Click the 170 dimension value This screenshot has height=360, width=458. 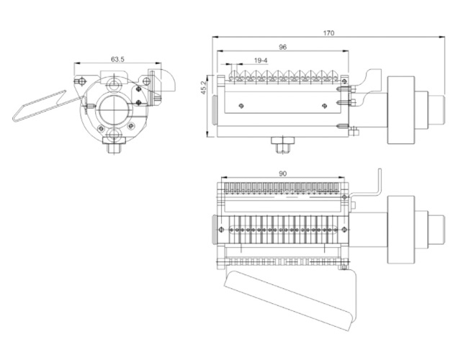[328, 33]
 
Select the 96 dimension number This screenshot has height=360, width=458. [283, 47]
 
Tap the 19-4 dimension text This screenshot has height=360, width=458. [261, 60]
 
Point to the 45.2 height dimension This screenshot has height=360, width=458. [204, 87]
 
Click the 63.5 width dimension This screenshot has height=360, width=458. [117, 59]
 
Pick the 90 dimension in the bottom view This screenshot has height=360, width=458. [283, 174]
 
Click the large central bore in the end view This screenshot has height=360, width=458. [113, 109]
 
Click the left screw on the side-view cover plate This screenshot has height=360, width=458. [241, 106]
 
